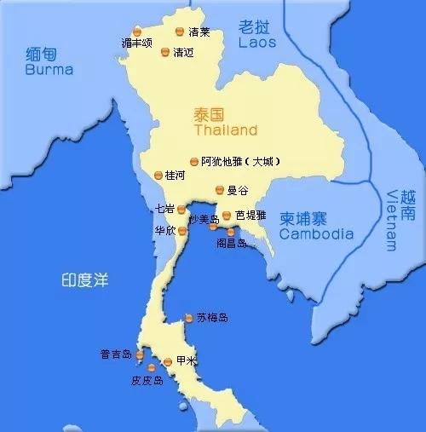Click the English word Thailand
225,131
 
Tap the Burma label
49,71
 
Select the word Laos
257,41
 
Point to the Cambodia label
317,234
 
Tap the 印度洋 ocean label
85,279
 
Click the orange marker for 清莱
180,32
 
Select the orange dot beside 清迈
165,51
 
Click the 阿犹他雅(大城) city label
240,161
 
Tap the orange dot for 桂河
158,175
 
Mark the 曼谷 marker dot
219,191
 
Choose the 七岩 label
164,208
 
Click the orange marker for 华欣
181,228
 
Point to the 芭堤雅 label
252,216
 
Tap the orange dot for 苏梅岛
188,319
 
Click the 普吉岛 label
116,354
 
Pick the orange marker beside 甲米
168,361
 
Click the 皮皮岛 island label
147,381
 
